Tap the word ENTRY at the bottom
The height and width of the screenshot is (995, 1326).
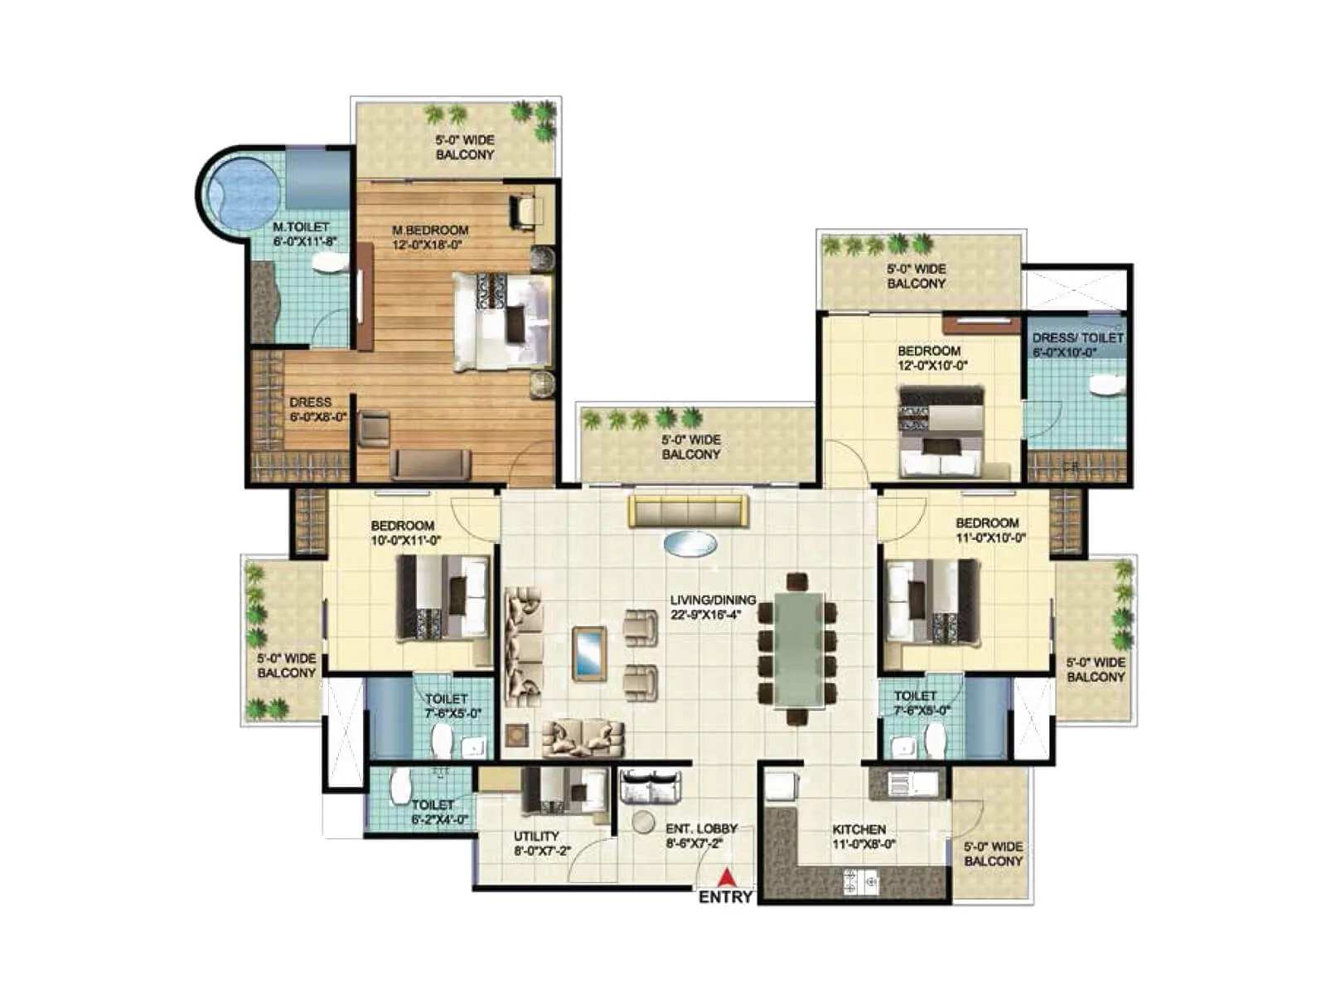[725, 897]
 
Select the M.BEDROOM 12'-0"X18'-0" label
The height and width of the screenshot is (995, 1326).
[429, 237]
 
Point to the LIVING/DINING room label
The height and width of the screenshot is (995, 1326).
[713, 607]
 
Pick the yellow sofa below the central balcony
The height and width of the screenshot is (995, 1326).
[688, 512]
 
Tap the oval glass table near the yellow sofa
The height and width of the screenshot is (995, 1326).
[690, 544]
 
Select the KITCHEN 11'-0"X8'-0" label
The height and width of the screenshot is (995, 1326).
[859, 837]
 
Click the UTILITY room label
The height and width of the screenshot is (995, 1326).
[536, 843]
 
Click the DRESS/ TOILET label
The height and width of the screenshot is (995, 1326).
[1077, 344]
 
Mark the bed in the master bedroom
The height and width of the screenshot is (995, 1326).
[502, 322]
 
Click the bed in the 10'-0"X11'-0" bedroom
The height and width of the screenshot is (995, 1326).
[443, 597]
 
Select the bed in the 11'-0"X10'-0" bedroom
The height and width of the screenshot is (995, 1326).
[932, 601]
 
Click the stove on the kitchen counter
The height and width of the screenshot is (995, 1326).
[860, 883]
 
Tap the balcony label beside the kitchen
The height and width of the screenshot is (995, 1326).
[993, 854]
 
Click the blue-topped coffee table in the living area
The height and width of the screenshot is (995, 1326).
[589, 653]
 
